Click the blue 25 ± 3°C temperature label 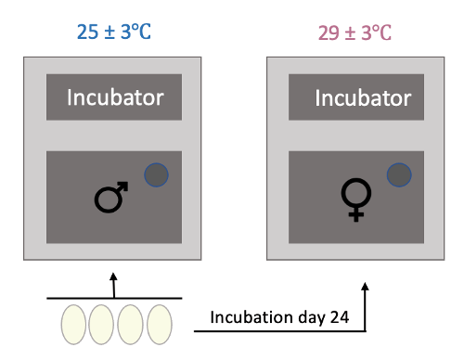pyautogui.click(x=113, y=32)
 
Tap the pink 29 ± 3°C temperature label pyautogui.click(x=354, y=32)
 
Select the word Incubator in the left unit pyautogui.click(x=115, y=97)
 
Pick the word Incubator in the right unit pyautogui.click(x=356, y=97)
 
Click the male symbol pyautogui.click(x=111, y=197)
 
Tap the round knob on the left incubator pyautogui.click(x=156, y=173)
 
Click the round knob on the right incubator pyautogui.click(x=398, y=174)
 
